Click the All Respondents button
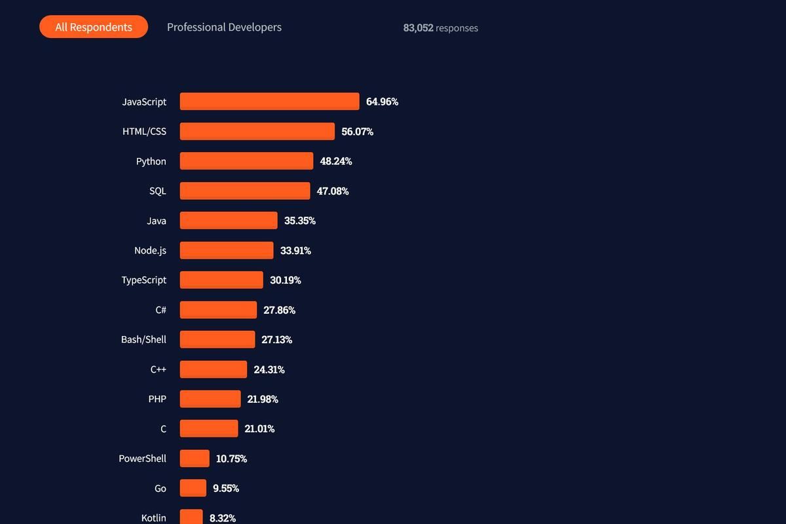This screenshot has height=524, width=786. tap(94, 27)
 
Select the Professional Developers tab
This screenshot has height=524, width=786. tap(224, 28)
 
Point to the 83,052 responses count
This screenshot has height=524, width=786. tap(440, 28)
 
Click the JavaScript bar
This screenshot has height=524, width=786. tap(269, 102)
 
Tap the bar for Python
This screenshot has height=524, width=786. tap(246, 161)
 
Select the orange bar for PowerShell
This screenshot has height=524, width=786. tap(195, 458)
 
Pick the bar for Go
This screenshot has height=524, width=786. tap(193, 488)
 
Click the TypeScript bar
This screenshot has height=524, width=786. tap(221, 280)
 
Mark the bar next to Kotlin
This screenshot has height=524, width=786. tap(191, 517)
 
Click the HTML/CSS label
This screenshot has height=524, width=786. tap(144, 131)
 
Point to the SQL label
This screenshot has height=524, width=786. tap(158, 191)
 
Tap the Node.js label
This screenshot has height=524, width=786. tap(150, 250)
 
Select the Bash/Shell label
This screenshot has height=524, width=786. tap(143, 339)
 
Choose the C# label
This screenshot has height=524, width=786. tap(160, 310)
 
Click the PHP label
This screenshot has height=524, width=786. tap(157, 399)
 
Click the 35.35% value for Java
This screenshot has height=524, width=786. tap(300, 221)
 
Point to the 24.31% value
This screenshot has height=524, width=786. tap(269, 369)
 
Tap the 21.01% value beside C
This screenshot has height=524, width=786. tap(259, 429)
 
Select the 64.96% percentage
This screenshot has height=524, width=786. tap(382, 102)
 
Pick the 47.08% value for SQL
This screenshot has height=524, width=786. tap(333, 191)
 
